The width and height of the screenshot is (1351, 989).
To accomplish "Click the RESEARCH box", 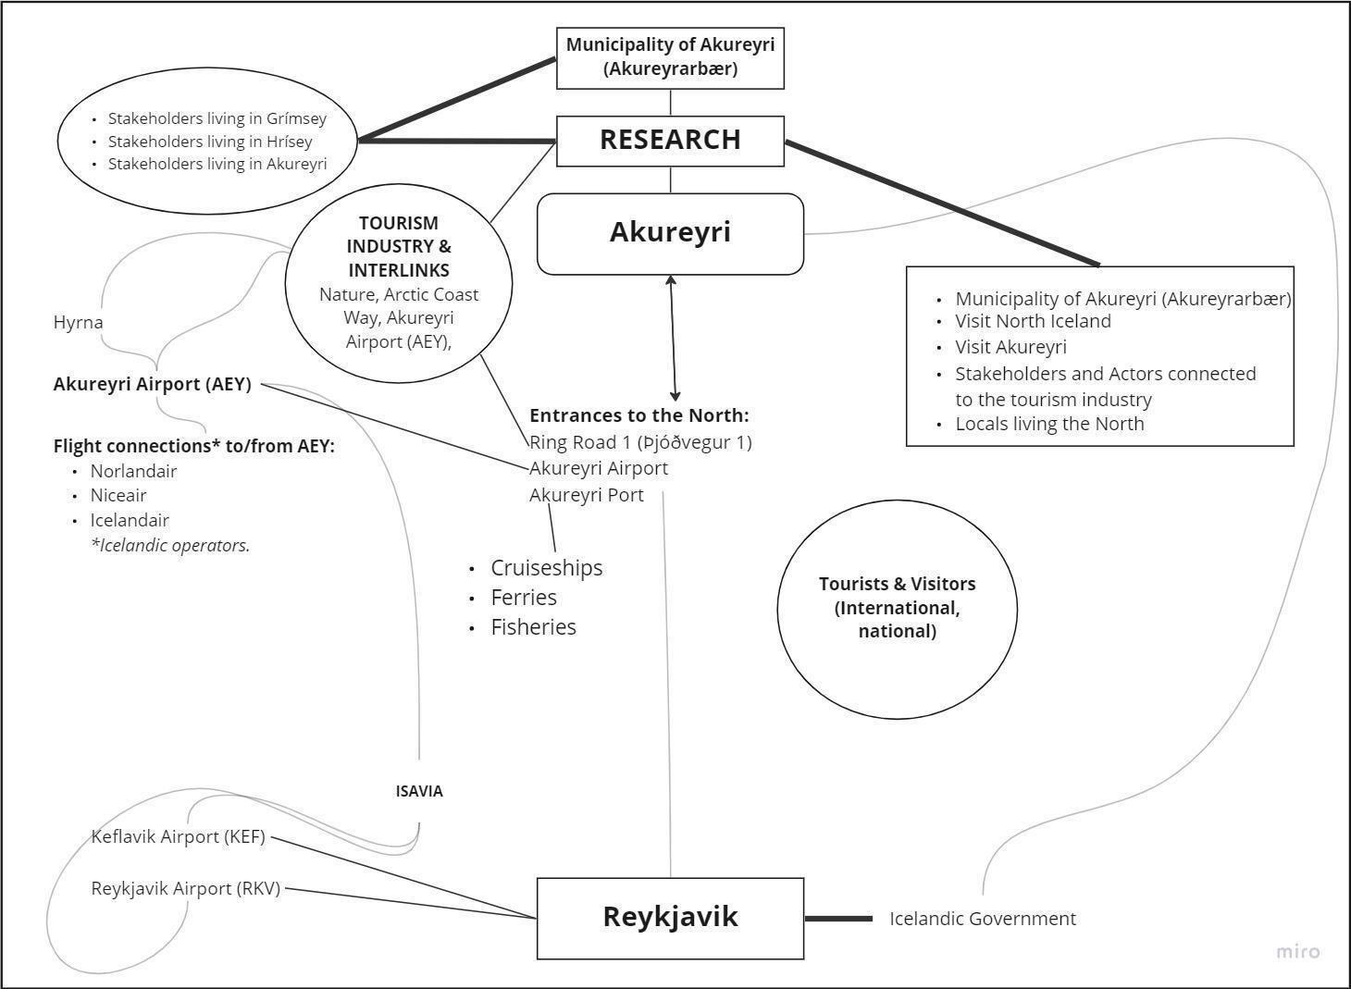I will [x=670, y=140].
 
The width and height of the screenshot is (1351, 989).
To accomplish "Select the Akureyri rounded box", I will [x=670, y=232].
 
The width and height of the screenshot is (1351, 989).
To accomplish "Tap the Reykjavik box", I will [x=670, y=917].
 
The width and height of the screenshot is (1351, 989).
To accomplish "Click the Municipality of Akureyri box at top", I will [x=670, y=57].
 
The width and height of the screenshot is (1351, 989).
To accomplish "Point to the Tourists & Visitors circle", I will [x=897, y=608].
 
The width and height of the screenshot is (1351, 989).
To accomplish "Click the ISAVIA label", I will [x=419, y=791].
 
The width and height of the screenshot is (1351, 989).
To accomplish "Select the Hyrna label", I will [x=78, y=323].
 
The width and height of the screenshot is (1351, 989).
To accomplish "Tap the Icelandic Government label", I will [x=983, y=919].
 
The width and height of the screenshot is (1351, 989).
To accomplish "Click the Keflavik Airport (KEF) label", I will [x=178, y=837].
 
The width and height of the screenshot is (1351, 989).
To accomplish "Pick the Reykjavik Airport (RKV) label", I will [x=185, y=888].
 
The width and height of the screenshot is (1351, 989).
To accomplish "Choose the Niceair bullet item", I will [x=118, y=495].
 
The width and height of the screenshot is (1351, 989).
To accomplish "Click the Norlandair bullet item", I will [x=133, y=471].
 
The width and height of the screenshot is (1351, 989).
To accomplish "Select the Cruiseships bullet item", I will [x=546, y=568].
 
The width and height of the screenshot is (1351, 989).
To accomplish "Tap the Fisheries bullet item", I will [x=533, y=627].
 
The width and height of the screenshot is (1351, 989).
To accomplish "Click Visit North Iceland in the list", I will [x=1033, y=321].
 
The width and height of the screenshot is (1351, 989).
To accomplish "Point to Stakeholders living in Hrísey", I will [x=210, y=142].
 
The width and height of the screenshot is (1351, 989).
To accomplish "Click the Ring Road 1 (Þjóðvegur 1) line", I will [x=640, y=442].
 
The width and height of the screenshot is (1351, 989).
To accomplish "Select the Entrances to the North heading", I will [x=638, y=415].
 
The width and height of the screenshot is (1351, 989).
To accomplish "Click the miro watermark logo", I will [x=1298, y=951].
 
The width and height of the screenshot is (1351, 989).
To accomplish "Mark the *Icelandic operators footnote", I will [x=170, y=545].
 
